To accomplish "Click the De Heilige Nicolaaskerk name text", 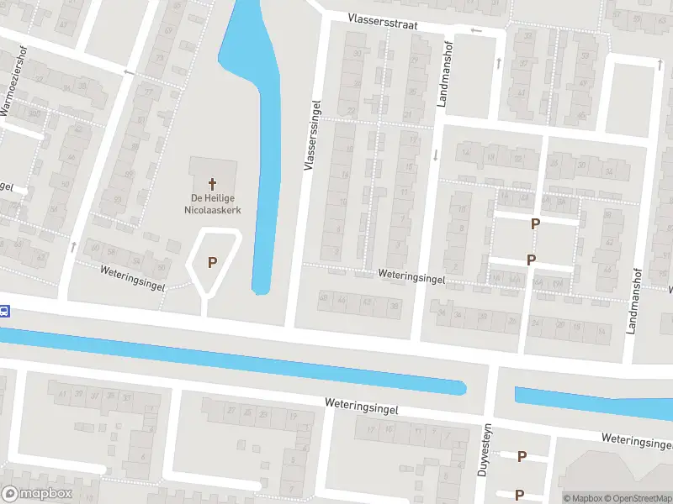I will [210, 204].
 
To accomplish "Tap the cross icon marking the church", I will [212, 182].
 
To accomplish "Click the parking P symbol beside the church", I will [212, 261].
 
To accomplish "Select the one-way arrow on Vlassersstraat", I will [477, 31].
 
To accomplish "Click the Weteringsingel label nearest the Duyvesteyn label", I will [362, 404].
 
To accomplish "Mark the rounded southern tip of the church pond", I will [262, 289].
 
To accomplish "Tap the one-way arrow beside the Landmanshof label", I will [436, 155].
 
